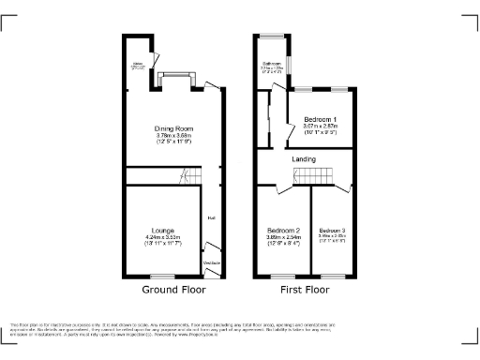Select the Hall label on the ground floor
click(212, 220)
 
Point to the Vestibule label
click(212, 262)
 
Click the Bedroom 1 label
click(322, 120)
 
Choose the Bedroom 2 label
click(283, 231)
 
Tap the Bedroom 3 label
click(331, 231)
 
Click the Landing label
click(304, 159)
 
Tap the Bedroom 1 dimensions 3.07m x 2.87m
click(322, 127)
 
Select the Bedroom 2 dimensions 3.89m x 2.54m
click(283, 238)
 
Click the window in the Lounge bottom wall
click(165, 275)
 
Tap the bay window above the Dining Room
click(175, 77)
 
